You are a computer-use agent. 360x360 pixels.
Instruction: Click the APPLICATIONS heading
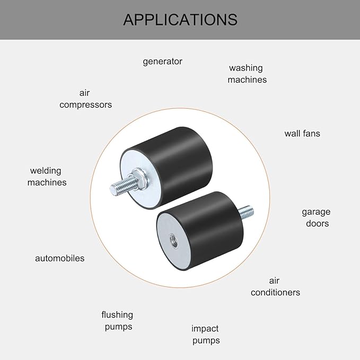coord(180,20)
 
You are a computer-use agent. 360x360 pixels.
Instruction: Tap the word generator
coord(163,62)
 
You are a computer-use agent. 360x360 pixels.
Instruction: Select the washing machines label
coord(247,74)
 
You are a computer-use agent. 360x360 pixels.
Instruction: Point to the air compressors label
coord(86,99)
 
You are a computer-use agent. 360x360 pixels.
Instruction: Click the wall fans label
coord(302,134)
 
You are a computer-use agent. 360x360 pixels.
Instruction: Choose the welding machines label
coord(47,177)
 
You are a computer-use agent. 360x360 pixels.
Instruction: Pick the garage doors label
coord(316,218)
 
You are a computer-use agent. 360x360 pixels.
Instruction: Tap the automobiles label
coord(60,258)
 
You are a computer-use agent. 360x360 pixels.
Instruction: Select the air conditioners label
coord(275,286)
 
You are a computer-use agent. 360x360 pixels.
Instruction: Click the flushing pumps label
coord(117,321)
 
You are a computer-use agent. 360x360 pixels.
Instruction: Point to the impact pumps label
coord(206,335)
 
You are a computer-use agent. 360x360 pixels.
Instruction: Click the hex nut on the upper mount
coord(137,179)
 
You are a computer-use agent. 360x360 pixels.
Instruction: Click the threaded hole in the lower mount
coord(173,240)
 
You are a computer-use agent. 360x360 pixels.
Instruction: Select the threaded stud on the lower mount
coord(246,213)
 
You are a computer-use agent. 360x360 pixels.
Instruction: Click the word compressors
coord(86,105)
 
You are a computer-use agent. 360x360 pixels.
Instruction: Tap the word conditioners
coord(275,293)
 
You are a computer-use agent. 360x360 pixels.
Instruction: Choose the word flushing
coord(117,315)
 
